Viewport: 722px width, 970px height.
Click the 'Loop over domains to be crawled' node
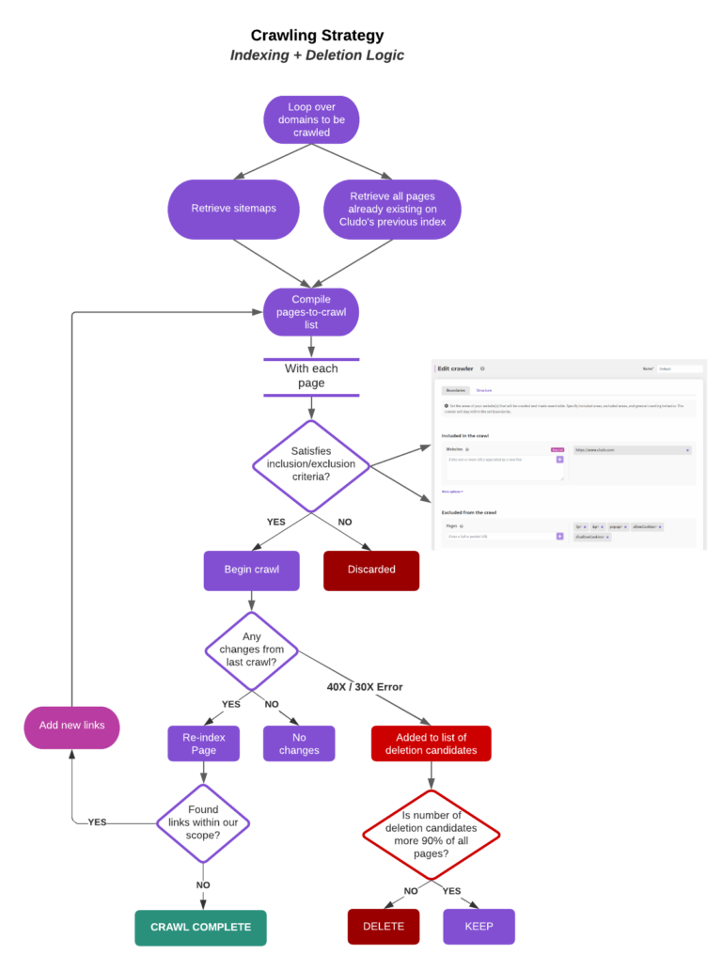(311, 120)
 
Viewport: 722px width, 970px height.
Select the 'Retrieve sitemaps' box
(234, 208)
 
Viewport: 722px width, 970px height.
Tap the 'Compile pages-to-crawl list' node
(311, 312)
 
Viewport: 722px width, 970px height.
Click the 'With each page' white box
(311, 376)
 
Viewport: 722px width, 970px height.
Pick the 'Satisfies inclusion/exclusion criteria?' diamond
(311, 464)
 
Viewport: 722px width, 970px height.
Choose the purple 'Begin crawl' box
(251, 570)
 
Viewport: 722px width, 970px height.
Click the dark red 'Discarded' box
(371, 570)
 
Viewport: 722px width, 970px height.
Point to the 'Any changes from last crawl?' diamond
(251, 649)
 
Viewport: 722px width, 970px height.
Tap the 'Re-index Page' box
(204, 743)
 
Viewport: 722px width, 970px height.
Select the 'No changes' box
(299, 743)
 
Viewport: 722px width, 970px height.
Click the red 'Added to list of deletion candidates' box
(431, 743)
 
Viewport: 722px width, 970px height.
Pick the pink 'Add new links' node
(72, 726)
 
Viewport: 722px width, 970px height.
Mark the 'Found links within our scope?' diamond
(203, 822)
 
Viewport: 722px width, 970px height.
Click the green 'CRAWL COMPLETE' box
(201, 927)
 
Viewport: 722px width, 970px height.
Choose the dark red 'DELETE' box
(384, 926)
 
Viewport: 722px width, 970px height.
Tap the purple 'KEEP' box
(479, 926)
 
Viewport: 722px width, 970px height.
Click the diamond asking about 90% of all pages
(432, 834)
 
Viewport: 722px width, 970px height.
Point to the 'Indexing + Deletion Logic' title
(317, 55)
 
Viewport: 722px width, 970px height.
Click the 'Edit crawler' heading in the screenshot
(456, 368)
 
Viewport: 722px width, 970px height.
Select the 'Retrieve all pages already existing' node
(392, 209)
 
